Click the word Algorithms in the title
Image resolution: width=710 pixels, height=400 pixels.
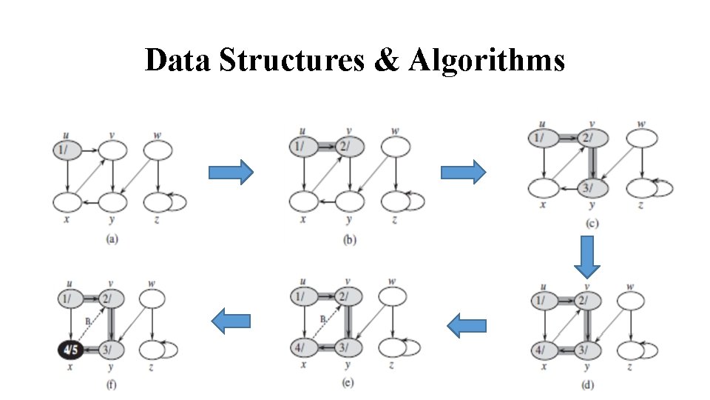[485, 60]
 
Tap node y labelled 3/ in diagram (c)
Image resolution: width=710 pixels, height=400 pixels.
[591, 189]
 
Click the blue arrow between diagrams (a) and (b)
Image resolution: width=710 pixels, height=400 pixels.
[231, 173]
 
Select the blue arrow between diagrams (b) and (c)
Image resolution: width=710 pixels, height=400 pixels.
[463, 173]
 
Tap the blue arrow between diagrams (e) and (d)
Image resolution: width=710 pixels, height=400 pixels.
[467, 325]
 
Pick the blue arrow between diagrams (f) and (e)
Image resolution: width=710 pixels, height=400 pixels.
[231, 321]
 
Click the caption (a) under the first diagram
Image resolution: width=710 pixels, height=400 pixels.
[112, 239]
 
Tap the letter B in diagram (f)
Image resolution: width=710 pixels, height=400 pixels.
[87, 321]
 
